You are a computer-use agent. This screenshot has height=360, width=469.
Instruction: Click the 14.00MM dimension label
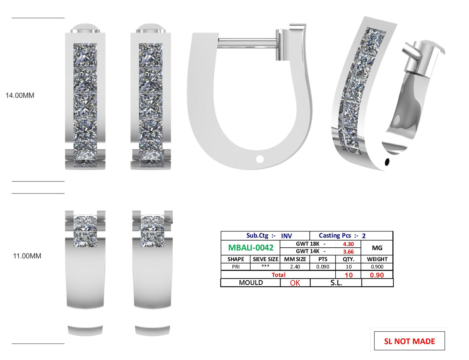pyautogui.click(x=20, y=95)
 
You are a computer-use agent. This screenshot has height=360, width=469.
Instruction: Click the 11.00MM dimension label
pyautogui.click(x=27, y=256)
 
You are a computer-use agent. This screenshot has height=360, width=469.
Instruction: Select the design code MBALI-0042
pyautogui.click(x=251, y=248)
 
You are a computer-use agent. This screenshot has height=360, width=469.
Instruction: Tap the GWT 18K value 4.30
pyautogui.click(x=348, y=244)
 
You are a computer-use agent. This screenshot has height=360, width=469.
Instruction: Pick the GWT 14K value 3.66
pyautogui.click(x=348, y=252)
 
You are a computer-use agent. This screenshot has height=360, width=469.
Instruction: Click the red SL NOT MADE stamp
pyautogui.click(x=409, y=341)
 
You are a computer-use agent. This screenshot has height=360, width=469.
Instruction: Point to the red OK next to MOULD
pyautogui.click(x=295, y=283)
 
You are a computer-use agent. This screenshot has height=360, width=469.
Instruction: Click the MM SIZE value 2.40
pyautogui.click(x=295, y=267)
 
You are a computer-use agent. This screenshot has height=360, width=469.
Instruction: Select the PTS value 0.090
pyautogui.click(x=323, y=267)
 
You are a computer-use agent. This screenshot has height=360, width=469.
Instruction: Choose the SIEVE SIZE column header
pyautogui.click(x=265, y=259)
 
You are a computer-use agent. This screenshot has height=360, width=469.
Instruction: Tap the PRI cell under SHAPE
pyautogui.click(x=236, y=267)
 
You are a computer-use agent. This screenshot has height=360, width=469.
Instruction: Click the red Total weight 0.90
pyautogui.click(x=377, y=275)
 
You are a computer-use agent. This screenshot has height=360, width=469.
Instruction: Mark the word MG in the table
pyautogui.click(x=377, y=248)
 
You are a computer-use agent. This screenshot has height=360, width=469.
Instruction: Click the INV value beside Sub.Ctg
pyautogui.click(x=286, y=236)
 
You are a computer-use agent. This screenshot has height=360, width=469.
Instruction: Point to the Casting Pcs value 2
pyautogui.click(x=364, y=236)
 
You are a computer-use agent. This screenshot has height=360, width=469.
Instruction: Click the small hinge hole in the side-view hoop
pyautogui.click(x=260, y=159)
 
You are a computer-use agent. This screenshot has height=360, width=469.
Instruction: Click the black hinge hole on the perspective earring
pyautogui.click(x=387, y=161)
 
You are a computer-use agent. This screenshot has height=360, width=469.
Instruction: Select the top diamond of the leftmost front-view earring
pyautogui.click(x=85, y=55)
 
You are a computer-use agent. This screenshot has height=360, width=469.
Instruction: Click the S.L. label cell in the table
pyautogui.click(x=336, y=283)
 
